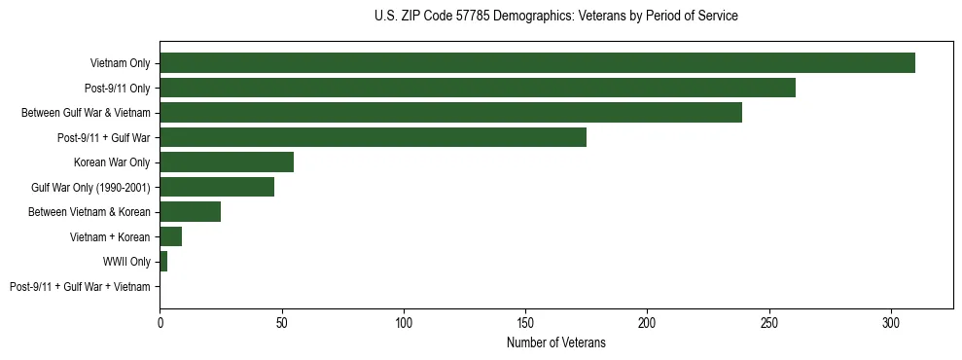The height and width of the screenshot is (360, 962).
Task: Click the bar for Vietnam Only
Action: click(x=537, y=63)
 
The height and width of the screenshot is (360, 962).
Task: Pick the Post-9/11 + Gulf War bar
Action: click(x=373, y=137)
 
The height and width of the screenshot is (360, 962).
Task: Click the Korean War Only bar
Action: click(x=227, y=162)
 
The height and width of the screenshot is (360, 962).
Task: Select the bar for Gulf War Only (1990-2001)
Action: click(x=217, y=187)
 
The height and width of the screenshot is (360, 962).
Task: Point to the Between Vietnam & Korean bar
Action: click(x=190, y=212)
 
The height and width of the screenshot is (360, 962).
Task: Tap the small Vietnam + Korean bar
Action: click(x=170, y=236)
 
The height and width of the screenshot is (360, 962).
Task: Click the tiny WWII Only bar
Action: click(x=163, y=262)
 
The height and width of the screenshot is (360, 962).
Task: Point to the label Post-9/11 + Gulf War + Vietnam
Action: click(x=80, y=287)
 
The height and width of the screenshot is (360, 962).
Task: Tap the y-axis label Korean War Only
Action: click(x=112, y=162)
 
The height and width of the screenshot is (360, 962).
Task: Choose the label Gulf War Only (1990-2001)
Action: click(x=90, y=187)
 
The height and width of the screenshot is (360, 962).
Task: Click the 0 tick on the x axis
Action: click(x=160, y=321)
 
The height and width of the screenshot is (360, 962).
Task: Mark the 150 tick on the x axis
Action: click(x=525, y=321)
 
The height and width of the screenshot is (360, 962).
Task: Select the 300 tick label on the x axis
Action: click(x=891, y=321)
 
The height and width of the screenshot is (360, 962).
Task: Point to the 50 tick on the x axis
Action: click(x=281, y=321)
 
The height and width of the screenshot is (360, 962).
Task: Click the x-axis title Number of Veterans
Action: click(x=555, y=342)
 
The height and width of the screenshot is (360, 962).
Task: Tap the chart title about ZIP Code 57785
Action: click(x=555, y=17)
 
